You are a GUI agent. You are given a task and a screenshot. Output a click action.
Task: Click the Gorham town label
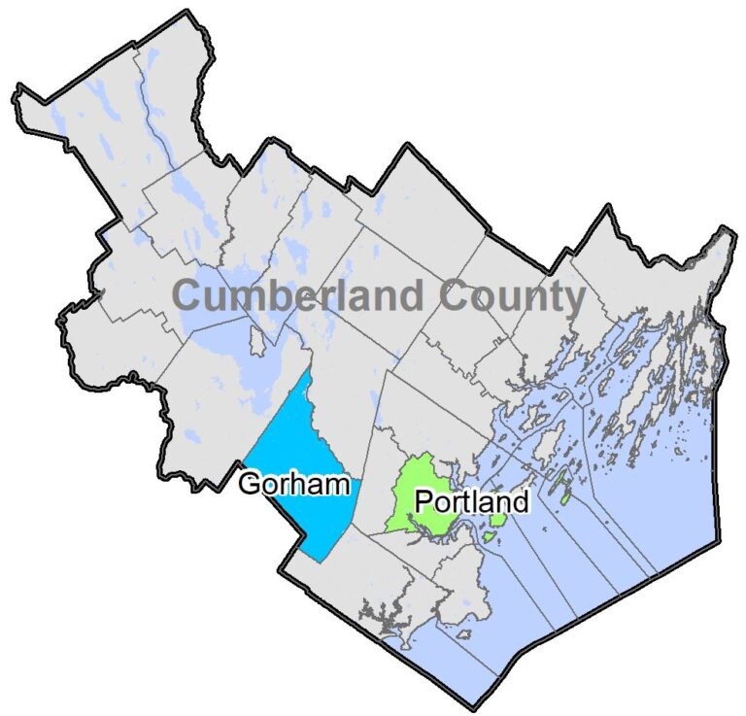click(x=293, y=484)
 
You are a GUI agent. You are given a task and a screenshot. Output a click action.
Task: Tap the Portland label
click(x=471, y=502)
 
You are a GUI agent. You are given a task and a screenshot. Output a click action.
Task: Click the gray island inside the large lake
click(x=256, y=343)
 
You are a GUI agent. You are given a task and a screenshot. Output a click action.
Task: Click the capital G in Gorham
click(x=249, y=484)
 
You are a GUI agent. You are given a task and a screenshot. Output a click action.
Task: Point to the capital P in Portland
click(x=423, y=502)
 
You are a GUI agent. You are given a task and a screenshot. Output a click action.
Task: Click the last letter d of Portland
click(x=522, y=502)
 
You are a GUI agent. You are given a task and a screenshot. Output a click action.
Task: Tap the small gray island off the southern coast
click(x=465, y=634)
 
